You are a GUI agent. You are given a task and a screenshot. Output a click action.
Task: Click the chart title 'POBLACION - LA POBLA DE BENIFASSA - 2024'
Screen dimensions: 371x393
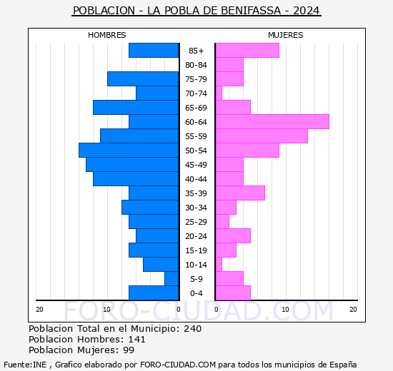[x=196, y=11]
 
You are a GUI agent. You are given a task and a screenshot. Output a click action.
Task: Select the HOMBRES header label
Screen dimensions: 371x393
[x=106, y=35]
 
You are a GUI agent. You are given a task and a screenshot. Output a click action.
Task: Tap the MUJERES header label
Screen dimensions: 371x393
[x=285, y=35]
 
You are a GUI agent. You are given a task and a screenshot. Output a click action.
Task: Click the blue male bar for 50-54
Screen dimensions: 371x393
[x=129, y=150]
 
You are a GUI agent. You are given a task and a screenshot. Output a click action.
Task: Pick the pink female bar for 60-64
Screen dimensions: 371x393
[x=272, y=121]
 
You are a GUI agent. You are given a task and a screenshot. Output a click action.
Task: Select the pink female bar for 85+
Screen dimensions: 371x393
[x=247, y=50]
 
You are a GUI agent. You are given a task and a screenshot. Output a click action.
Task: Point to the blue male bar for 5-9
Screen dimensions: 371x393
[x=171, y=278]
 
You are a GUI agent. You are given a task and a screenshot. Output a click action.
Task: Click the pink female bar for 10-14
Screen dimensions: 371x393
[x=219, y=264]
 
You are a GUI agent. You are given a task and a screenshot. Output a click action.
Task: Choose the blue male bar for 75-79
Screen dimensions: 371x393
[x=143, y=78]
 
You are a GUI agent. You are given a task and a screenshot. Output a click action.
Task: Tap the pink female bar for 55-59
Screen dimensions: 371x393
[x=262, y=136]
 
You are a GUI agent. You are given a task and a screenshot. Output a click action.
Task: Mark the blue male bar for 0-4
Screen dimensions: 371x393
[x=154, y=293]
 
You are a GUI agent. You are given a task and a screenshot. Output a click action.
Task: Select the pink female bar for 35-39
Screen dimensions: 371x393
[x=240, y=193]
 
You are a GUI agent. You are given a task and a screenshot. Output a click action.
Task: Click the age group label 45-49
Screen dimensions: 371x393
[x=196, y=165]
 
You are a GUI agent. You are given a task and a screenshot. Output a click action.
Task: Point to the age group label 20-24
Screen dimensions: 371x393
[x=196, y=236]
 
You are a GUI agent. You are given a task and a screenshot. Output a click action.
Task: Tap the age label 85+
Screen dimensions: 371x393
[x=196, y=51]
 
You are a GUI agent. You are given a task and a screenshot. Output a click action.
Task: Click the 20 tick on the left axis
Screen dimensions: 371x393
[x=40, y=309]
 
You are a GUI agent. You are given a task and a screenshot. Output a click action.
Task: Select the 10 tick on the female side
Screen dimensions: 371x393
[x=285, y=309]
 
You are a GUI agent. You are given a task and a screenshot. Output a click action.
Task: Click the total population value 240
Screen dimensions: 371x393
[x=192, y=329]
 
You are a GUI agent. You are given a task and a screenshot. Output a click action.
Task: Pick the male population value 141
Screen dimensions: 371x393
[x=136, y=340]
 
